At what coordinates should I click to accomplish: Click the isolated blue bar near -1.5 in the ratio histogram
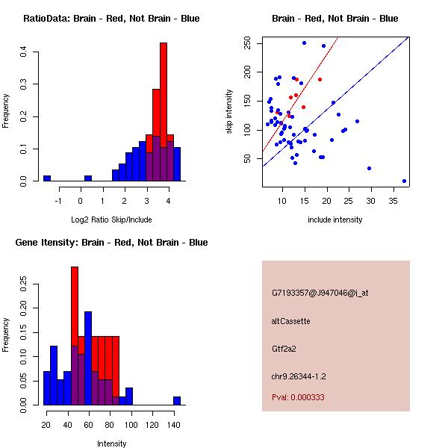(x=47, y=178)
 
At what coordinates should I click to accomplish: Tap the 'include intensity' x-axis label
(x=335, y=220)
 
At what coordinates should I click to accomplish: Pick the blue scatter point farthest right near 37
(x=404, y=181)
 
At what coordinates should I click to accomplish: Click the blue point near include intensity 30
(x=369, y=169)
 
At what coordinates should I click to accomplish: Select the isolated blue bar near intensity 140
(x=177, y=400)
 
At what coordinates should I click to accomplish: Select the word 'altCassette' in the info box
(x=291, y=321)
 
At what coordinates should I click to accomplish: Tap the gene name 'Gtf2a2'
(x=285, y=349)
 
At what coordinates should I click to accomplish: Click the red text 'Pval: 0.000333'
(x=298, y=398)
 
